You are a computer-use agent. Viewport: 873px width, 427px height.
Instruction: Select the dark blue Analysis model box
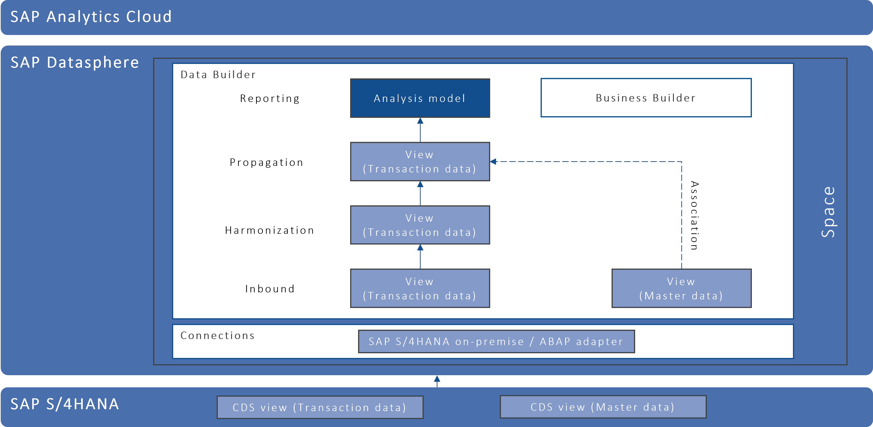pyautogui.click(x=420, y=98)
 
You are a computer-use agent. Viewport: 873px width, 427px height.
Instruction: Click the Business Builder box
pyautogui.click(x=646, y=98)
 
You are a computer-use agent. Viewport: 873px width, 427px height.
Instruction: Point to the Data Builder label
pyautogui.click(x=218, y=75)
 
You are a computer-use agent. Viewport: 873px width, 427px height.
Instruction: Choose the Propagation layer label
pyautogui.click(x=266, y=162)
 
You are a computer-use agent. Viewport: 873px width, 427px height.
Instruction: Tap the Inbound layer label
pyautogui.click(x=270, y=289)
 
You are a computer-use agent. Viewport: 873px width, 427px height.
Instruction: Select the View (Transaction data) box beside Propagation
pyautogui.click(x=420, y=162)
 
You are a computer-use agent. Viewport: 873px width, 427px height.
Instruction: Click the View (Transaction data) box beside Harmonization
pyautogui.click(x=420, y=225)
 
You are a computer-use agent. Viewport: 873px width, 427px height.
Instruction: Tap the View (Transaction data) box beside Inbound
pyautogui.click(x=420, y=288)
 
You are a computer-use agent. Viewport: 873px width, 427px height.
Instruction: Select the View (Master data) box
pyautogui.click(x=681, y=288)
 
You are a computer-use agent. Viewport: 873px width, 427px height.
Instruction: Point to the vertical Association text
pyautogui.click(x=694, y=216)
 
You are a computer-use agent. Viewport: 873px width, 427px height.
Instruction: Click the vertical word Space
pyautogui.click(x=828, y=212)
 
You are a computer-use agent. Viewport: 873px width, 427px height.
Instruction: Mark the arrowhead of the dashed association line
pyautogui.click(x=493, y=162)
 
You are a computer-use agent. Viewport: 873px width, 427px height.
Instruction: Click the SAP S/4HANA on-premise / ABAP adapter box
pyautogui.click(x=496, y=342)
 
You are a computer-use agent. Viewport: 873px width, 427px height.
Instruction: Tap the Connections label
pyautogui.click(x=217, y=336)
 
